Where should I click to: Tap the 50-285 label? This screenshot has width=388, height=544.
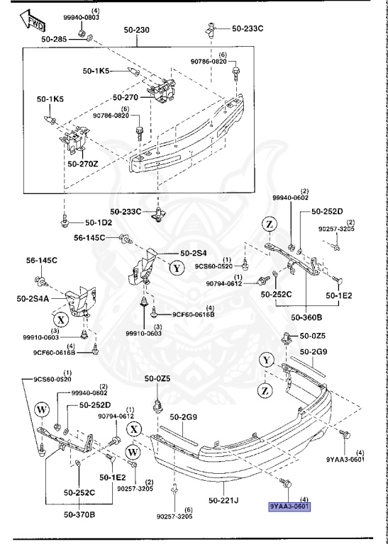[54, 39]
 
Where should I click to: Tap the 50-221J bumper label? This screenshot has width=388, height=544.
[225, 501]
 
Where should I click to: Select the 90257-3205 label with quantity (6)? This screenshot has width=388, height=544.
[174, 516]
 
